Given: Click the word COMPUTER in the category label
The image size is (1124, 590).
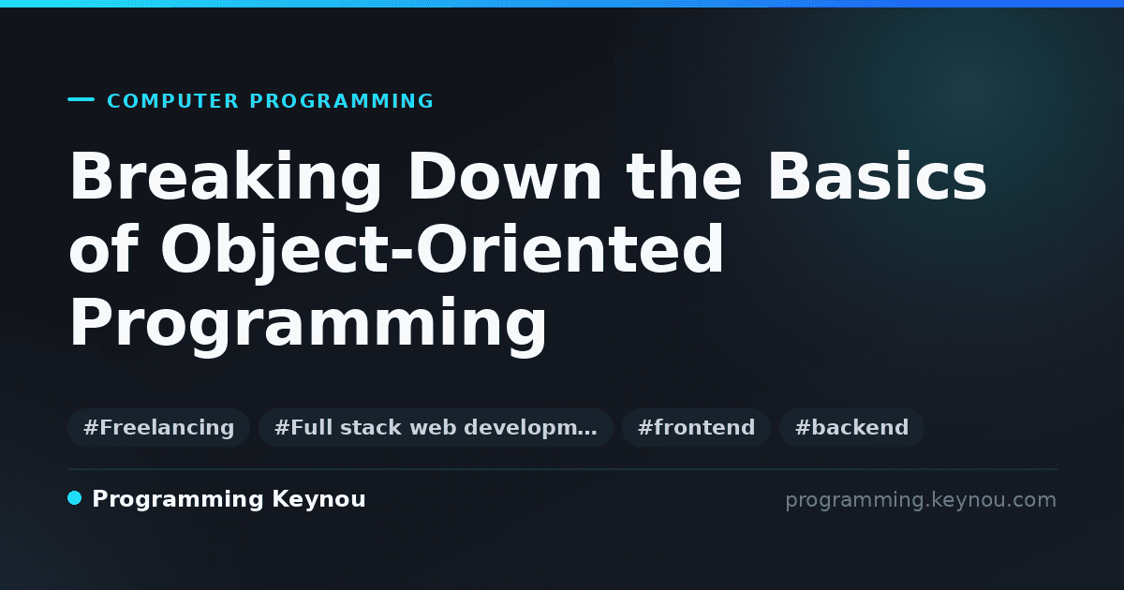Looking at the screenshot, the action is coord(172,101).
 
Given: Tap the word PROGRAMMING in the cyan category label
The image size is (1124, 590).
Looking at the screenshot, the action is coord(342,101).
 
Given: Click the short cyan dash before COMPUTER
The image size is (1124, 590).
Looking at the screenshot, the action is coord(81,99).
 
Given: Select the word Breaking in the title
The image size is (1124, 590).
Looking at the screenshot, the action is coord(226,180).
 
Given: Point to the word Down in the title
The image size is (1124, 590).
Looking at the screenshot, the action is coord(504,177).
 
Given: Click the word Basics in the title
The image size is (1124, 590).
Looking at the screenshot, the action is coord(877,177).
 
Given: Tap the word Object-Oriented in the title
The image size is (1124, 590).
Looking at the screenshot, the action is coord(441,252).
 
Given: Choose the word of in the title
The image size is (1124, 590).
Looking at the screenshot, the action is coord(103,249).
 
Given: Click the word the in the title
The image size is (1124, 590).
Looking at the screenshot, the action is coord(684,177).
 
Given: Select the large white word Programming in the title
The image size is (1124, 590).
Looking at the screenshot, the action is coord(307,325).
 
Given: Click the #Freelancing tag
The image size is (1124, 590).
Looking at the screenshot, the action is coord(158,427).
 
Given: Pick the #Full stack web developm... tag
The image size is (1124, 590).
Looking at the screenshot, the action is coord(436,427).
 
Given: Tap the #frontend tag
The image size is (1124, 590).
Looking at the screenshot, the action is coord(696,427).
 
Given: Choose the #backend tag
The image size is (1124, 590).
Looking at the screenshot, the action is coord(851,427).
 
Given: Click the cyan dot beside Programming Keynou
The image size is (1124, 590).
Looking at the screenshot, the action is coord(75,498).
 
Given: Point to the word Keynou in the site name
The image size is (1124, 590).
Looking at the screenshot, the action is coord(318,500).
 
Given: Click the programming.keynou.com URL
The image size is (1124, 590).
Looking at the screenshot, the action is coord(921,500).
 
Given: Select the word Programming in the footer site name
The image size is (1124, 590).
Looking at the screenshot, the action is coord(178,500).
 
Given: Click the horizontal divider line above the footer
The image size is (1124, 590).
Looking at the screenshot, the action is coord(562,469).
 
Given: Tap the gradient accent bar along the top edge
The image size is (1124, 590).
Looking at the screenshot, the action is coord(562,4).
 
